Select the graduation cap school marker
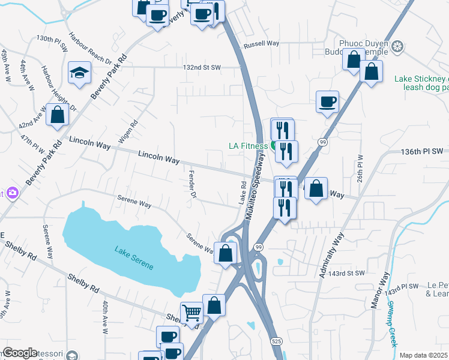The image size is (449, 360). point(79,73)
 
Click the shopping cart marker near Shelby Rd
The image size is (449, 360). point(191,313)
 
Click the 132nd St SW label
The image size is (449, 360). point(202,67)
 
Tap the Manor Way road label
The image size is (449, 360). point(379,290)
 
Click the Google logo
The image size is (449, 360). point(20,353)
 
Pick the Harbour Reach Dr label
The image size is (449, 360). point(89,48)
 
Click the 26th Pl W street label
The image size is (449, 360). point(360,168)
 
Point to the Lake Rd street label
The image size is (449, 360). point(243,193)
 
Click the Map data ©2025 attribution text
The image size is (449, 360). point(424,355)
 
